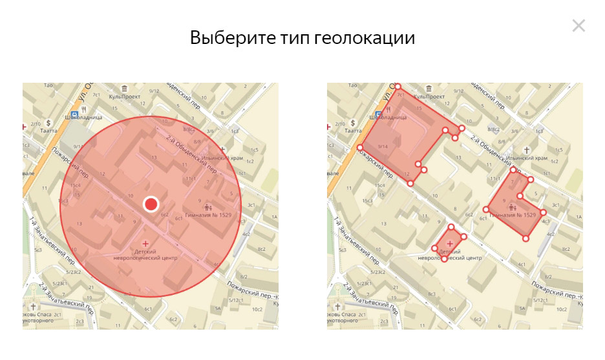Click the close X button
click(578, 26)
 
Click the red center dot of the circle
click(151, 204)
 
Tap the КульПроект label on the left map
click(125, 97)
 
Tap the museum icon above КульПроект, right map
click(428, 88)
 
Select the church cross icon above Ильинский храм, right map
click(527, 148)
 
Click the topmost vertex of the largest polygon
click(398, 87)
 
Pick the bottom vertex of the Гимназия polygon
click(526, 238)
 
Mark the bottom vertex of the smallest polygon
click(444, 259)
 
